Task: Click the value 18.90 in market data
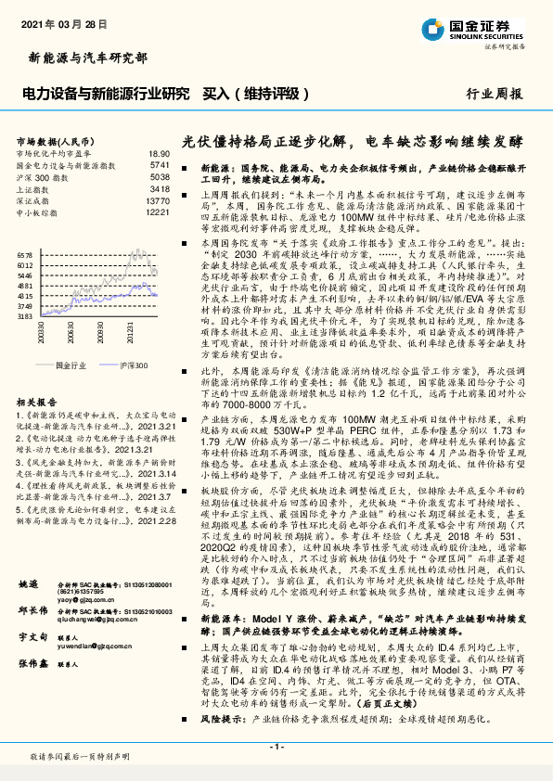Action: click(x=159, y=153)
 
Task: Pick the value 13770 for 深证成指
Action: click(x=158, y=200)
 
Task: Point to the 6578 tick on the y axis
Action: click(x=25, y=253)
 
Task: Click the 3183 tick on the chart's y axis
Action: click(x=25, y=315)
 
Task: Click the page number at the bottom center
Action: click(x=276, y=747)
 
